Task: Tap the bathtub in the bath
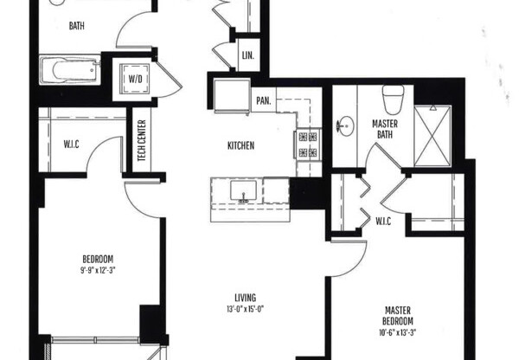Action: (70, 70)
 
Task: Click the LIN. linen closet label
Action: (246, 56)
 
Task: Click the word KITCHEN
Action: (240, 146)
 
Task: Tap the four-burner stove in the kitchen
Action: (308, 144)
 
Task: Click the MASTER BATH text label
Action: (384, 129)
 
